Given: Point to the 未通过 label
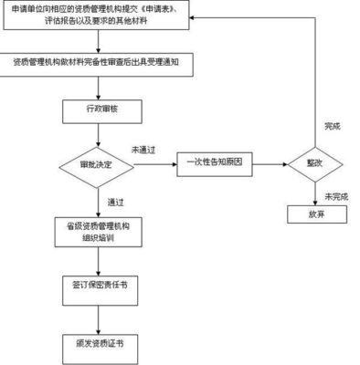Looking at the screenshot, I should [144, 150].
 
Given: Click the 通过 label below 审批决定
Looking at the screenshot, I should [116, 200].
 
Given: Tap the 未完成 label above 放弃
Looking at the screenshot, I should [334, 195].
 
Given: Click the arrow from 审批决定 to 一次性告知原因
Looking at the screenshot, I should [146, 165].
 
